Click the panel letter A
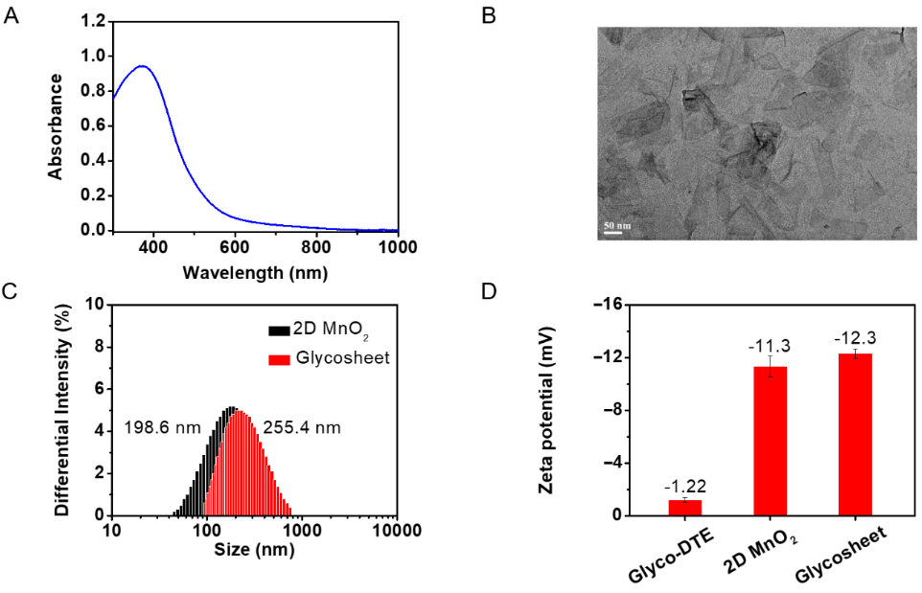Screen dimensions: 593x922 click(12, 17)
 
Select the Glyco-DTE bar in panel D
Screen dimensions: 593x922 click(685, 508)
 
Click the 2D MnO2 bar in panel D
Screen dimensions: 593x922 click(770, 441)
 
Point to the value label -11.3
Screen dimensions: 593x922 click(770, 344)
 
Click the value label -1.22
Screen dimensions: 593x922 click(685, 486)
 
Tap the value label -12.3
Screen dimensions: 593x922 click(855, 337)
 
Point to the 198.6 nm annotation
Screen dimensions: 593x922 click(163, 427)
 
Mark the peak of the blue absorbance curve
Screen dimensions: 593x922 click(142, 66)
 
